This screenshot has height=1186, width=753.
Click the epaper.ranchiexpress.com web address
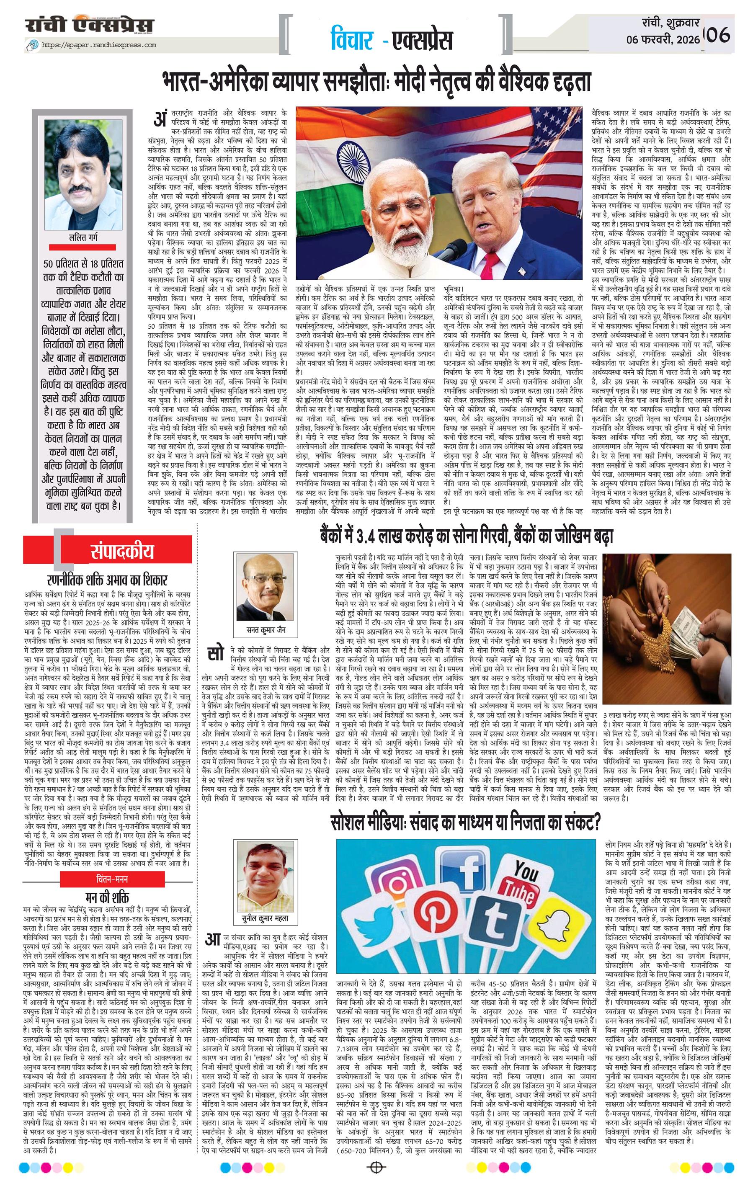point(99,45)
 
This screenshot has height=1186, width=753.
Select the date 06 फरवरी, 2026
point(663,40)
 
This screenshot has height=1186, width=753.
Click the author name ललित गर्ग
point(82,238)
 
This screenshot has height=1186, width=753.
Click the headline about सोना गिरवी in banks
point(465,536)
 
